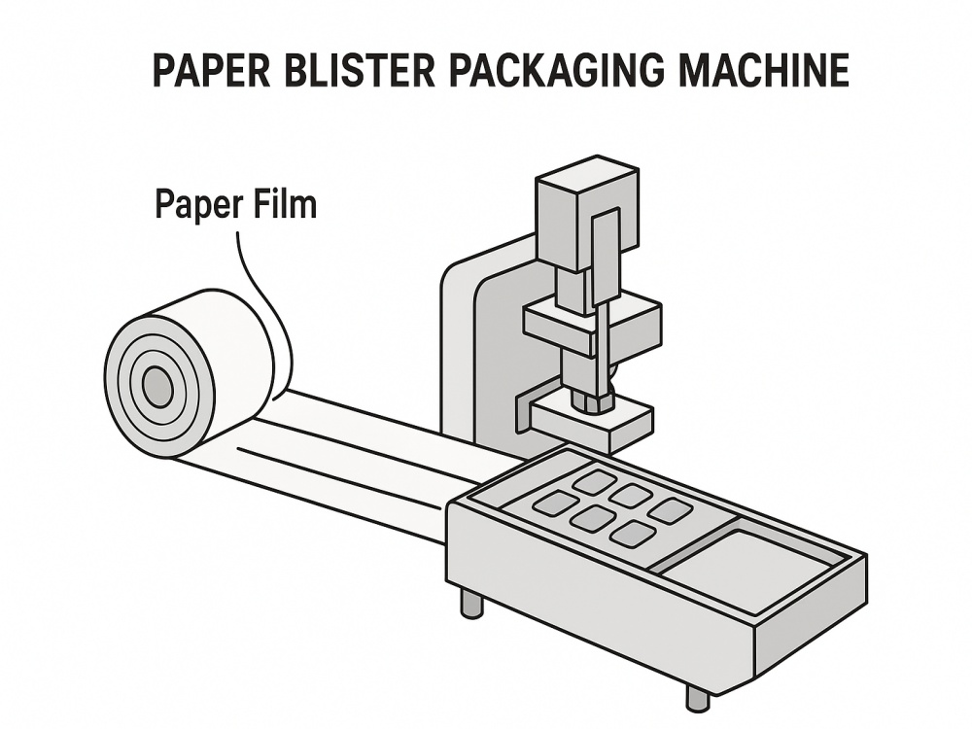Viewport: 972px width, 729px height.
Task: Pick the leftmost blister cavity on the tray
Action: [556, 503]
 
